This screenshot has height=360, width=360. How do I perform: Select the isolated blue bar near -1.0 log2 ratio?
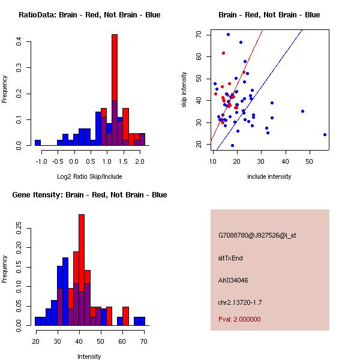click(x=37, y=143)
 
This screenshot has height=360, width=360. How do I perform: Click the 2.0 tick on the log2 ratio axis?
click(x=140, y=160)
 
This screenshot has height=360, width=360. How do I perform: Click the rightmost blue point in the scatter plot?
click(x=325, y=134)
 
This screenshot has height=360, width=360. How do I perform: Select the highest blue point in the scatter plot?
click(x=228, y=35)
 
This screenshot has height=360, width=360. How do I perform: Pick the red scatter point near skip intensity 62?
click(x=223, y=53)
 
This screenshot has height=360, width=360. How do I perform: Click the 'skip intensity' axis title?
click(x=185, y=90)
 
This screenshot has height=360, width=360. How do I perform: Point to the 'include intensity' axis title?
click(x=269, y=176)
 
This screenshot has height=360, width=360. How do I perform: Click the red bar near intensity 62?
click(x=125, y=316)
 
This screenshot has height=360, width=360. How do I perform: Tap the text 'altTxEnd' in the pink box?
click(x=230, y=258)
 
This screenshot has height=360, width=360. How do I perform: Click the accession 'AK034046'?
click(x=233, y=280)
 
